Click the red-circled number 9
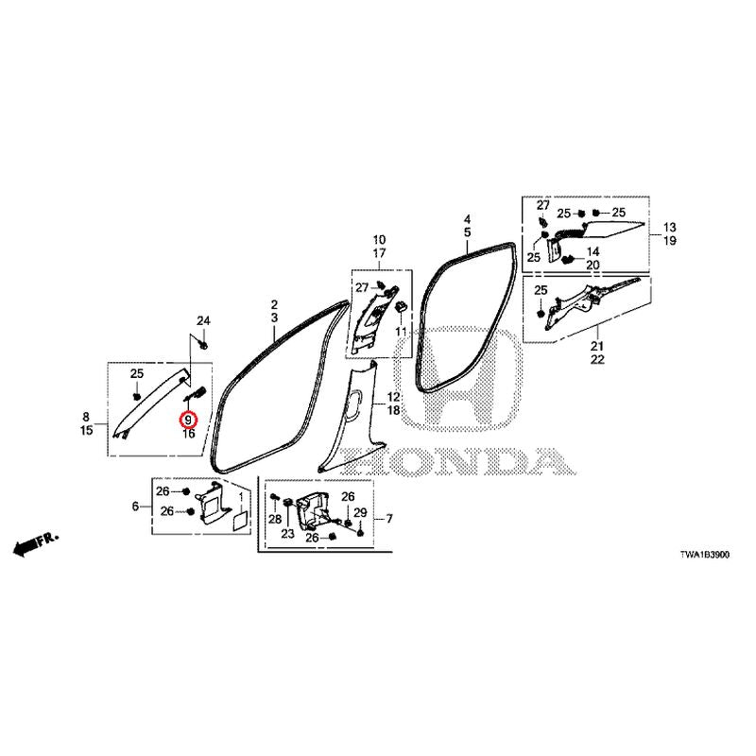coord(188,421)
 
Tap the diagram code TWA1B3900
coord(704,555)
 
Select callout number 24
coord(203,320)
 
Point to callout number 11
coord(401,332)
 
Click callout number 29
coord(360,512)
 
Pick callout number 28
coord(275,519)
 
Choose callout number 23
coord(288,534)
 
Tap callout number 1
coord(242,495)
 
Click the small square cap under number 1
coord(240,522)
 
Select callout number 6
coord(135,507)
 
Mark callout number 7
coord(389,519)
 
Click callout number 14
coord(593,251)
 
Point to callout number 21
coord(597,346)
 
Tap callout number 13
coord(670,227)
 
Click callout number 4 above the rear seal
coord(467,219)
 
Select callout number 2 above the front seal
coord(274,304)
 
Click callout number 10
coord(379,240)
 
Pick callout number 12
coord(393,397)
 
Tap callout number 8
coord(86,417)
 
